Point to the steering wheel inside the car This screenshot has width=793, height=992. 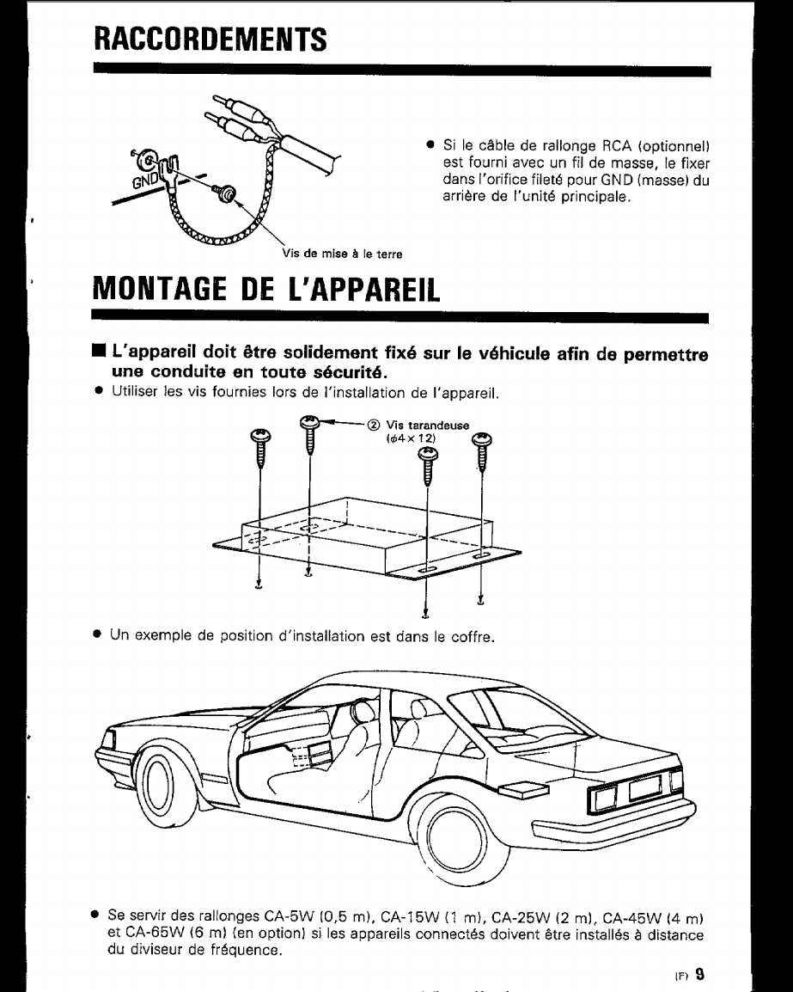(364, 711)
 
